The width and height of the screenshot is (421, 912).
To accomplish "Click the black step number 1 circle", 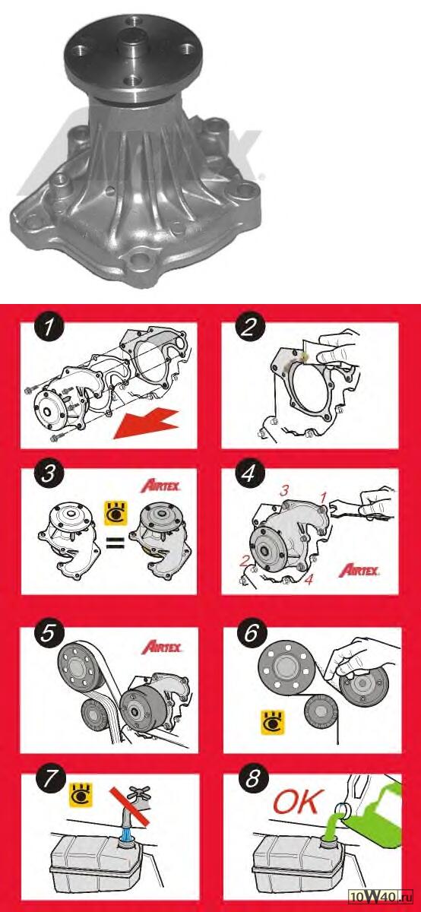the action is [49, 328].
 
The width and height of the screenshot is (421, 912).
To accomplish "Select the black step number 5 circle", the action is [49, 634].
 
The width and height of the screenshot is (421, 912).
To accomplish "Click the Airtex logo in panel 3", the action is [160, 486].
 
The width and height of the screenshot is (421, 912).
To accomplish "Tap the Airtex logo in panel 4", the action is [359, 571].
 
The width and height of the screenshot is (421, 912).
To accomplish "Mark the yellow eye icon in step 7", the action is [81, 795].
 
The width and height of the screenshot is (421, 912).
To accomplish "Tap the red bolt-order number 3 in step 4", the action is [284, 491].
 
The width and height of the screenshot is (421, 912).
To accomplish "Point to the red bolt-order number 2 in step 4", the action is [244, 562].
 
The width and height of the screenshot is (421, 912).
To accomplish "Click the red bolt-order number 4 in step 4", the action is [309, 580].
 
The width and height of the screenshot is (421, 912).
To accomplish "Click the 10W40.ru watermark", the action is [380, 903].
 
